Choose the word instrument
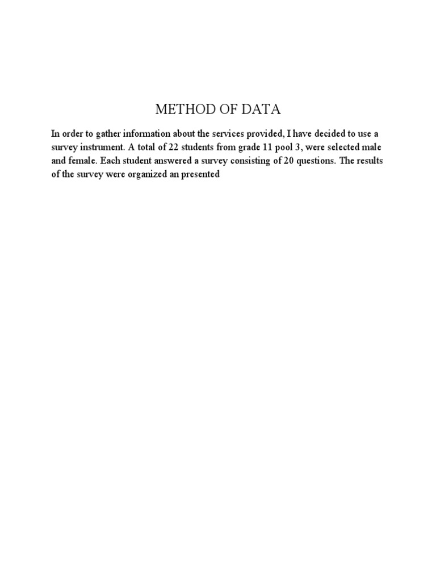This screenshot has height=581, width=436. pos(101,148)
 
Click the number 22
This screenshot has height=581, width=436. pos(166,148)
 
